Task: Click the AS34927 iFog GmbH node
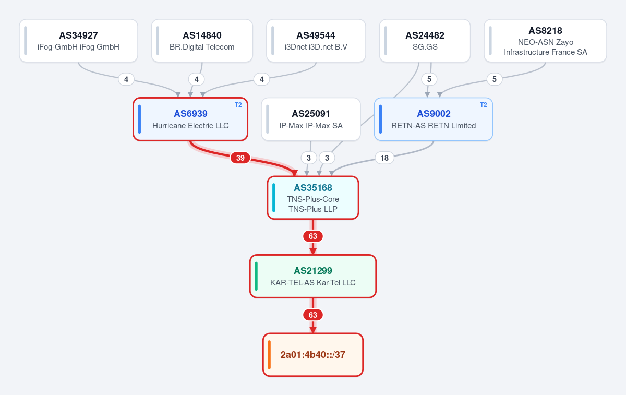point(79,41)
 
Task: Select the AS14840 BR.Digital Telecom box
point(202,41)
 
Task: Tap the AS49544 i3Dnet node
point(316,41)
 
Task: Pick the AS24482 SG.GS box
point(425,41)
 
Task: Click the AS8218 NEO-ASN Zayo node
point(545,41)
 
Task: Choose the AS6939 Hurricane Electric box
point(190,119)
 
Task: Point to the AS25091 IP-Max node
point(311,119)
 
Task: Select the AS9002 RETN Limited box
point(434,119)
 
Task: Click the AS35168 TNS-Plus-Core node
point(313,198)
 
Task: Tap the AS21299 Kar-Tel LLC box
point(313,276)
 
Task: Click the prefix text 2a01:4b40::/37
point(313,355)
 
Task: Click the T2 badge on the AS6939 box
point(238,105)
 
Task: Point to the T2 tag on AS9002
point(484,105)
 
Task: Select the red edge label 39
point(240,158)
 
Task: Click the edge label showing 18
point(384,158)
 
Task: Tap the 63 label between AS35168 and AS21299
point(313,236)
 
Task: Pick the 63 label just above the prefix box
point(313,315)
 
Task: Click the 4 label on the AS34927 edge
point(126,79)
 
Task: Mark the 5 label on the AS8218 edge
point(495,79)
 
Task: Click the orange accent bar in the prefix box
point(269,355)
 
